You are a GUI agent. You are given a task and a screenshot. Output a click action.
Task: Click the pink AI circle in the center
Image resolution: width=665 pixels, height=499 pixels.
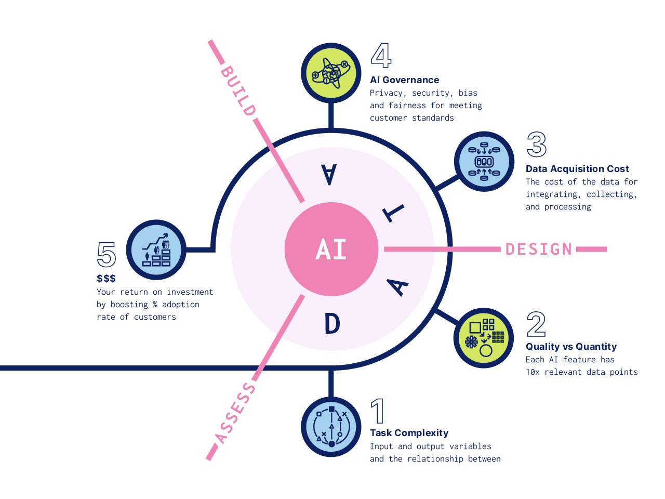tap(331, 249)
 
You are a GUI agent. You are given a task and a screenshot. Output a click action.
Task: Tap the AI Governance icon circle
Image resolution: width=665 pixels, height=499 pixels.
tap(331, 73)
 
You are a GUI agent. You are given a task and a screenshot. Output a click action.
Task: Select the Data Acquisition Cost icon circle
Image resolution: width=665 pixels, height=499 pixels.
tap(484, 162)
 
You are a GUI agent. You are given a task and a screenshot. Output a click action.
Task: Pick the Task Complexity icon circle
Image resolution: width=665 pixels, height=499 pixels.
tap(331, 427)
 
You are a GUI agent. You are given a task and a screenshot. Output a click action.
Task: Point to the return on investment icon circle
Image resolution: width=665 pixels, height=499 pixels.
tap(156, 249)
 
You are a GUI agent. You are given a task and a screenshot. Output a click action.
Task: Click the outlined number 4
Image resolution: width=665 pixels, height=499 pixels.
tap(381, 56)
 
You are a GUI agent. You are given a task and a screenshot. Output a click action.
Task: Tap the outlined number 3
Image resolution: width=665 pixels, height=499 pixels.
tap(537, 145)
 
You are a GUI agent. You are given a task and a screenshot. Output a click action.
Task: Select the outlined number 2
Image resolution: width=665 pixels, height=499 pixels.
tap(536, 324)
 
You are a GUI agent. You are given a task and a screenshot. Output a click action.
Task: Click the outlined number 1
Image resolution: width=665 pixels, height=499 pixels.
tap(378, 411)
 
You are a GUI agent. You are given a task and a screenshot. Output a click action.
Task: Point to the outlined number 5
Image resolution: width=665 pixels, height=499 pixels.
tap(107, 255)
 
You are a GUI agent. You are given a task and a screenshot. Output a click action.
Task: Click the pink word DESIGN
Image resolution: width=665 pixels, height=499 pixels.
tap(539, 249)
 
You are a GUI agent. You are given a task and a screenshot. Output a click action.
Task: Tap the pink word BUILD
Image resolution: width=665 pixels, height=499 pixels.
tap(238, 90)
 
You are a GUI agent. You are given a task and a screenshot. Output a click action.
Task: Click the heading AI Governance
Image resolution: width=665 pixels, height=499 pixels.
tap(404, 80)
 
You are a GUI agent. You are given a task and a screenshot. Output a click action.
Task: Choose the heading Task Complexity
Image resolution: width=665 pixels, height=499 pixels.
tap(409, 433)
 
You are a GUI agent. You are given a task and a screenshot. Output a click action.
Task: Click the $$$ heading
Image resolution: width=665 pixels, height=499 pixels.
tap(106, 279)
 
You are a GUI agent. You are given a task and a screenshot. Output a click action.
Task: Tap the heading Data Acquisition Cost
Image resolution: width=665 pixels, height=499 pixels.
tap(577, 169)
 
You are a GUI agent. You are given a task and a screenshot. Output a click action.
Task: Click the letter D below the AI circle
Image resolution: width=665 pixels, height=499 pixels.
tap(332, 324)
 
